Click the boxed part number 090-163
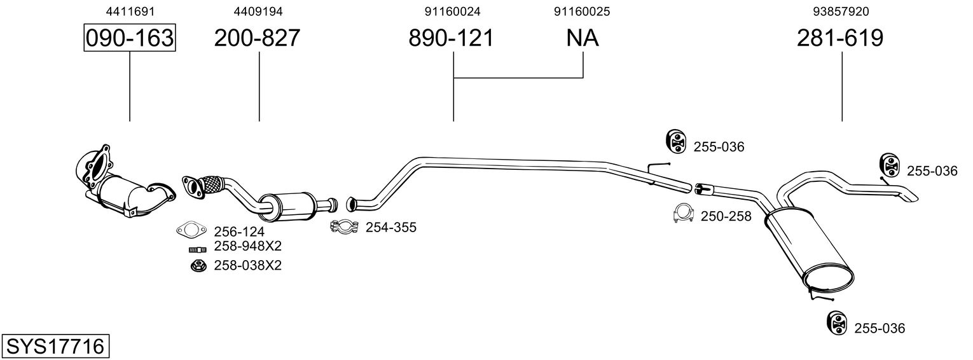pos(130,38)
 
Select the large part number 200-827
pos(257,38)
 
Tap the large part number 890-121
pos(452,38)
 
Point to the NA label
pos(583,38)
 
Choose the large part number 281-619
pos(840,38)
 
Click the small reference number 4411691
pos(130,11)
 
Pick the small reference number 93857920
pos(841,11)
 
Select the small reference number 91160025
pos(582,11)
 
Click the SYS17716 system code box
pos(55,347)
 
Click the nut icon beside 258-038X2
pos(198,265)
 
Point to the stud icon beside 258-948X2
pos(198,250)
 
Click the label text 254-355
pos(391,227)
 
